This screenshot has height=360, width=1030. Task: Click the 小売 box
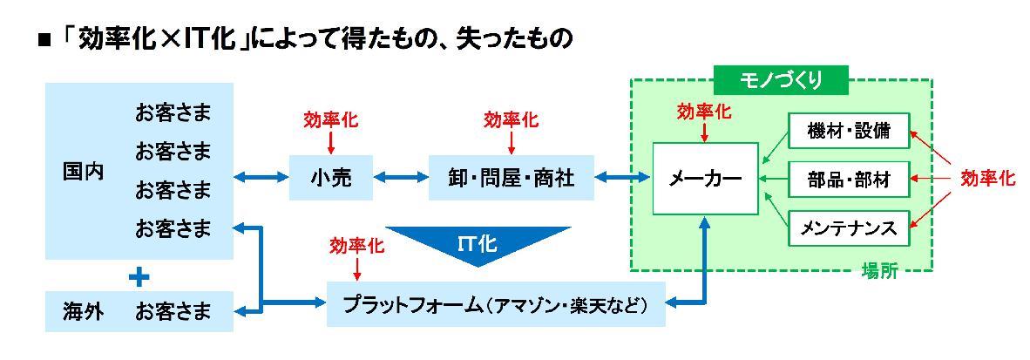(331, 177)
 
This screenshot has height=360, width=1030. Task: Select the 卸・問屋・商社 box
(511, 177)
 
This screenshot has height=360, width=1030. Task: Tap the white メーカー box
(705, 178)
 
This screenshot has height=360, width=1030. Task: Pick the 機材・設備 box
(848, 130)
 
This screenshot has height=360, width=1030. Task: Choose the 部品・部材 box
(848, 179)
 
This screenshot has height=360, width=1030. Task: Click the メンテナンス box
(848, 228)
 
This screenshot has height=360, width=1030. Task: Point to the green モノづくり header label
(781, 81)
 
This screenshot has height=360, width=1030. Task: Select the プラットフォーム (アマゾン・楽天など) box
(496, 304)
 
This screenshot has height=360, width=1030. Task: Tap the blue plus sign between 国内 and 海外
(139, 277)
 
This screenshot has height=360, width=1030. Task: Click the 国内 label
(84, 171)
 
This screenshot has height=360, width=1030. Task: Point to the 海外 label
(84, 310)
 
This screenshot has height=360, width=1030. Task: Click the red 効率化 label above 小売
(331, 119)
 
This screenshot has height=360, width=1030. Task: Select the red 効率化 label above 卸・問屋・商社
(511, 119)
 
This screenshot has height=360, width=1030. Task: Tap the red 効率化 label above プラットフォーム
(356, 246)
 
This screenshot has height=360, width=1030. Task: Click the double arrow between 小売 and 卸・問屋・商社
(401, 177)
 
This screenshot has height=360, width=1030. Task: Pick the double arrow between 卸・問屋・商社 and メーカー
(623, 177)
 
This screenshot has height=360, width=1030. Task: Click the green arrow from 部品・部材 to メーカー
(772, 179)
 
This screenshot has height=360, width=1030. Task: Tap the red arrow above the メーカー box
(704, 132)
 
